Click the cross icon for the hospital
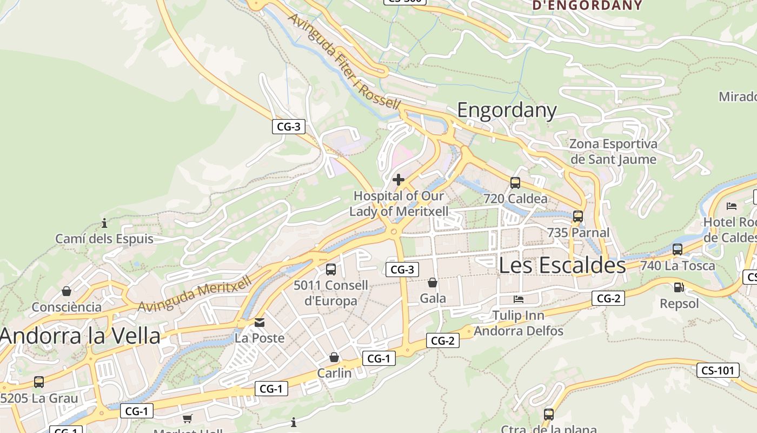[399, 180]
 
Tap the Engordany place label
[507, 110]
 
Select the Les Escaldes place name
[562, 265]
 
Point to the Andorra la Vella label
[81, 336]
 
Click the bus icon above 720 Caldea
[515, 183]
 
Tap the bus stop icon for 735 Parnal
[578, 216]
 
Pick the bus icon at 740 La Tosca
[678, 250]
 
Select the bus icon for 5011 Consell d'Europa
[331, 269]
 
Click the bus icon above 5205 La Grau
[39, 382]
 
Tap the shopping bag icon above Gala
[433, 283]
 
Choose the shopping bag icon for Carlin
[334, 357]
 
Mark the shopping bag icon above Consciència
[67, 291]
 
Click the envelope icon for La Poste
[260, 323]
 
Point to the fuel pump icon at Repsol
[679, 287]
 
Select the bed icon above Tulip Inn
[519, 299]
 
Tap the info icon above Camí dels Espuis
[104, 223]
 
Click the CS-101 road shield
[718, 371]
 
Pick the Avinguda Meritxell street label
[195, 294]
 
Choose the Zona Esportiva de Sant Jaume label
[613, 152]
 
